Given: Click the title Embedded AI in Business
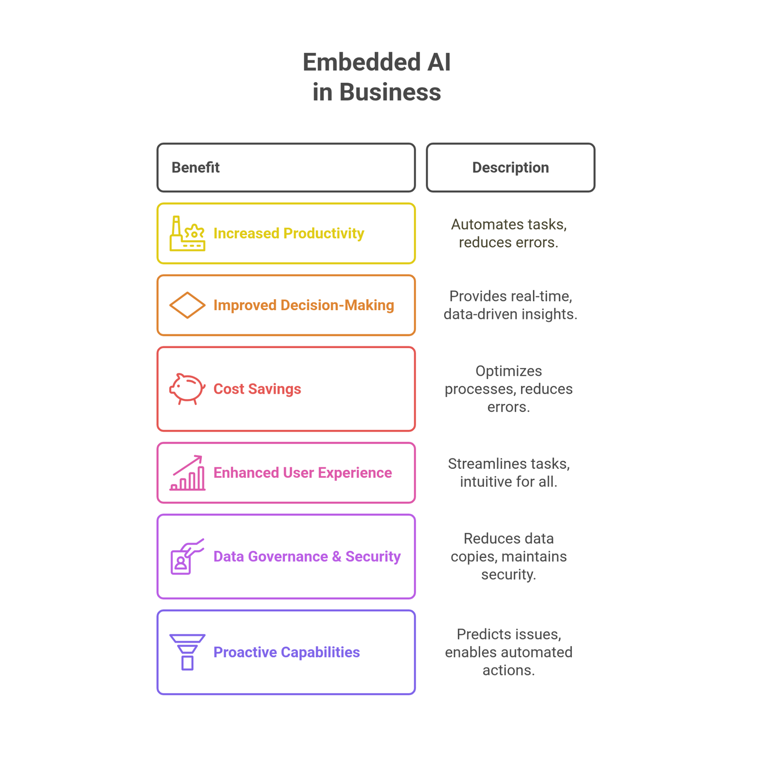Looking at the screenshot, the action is [377, 77].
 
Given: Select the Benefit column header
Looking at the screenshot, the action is [286, 168].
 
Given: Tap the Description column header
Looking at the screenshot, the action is [511, 168].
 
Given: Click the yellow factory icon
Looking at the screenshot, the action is [187, 234].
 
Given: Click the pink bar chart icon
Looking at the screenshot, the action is [187, 473].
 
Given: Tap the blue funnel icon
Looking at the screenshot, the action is [187, 652].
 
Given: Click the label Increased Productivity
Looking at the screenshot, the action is [289, 234].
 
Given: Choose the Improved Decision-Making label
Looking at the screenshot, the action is [304, 305].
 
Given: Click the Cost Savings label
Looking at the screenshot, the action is [257, 389].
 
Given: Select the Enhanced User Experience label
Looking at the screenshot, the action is [303, 473].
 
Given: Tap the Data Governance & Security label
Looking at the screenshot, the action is [307, 557].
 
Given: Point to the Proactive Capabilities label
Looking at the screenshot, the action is [286, 652].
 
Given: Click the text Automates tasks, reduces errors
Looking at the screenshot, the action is [509, 233].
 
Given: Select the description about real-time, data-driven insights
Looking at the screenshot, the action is [511, 305].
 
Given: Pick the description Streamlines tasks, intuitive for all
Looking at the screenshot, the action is [509, 473].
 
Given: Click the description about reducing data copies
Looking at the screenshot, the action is [509, 556].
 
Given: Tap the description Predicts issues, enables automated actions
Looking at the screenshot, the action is [509, 652].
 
